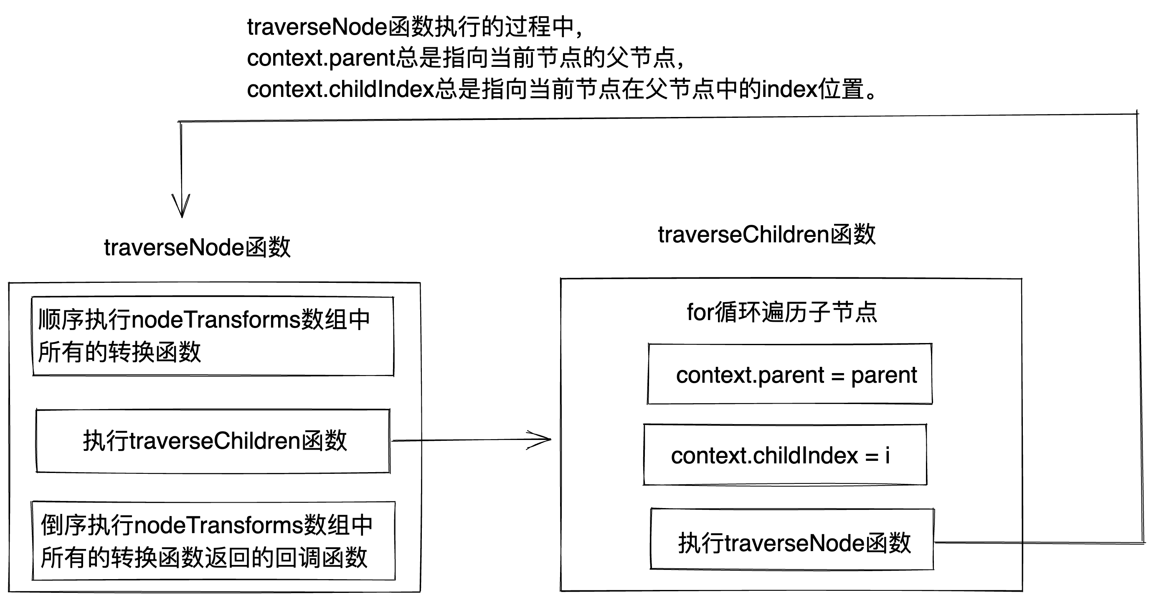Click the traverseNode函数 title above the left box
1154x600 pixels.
pyautogui.click(x=197, y=247)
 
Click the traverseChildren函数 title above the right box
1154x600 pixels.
pyautogui.click(x=766, y=234)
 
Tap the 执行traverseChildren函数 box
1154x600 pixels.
pyautogui.click(x=213, y=441)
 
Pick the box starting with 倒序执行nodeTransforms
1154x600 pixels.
pyautogui.click(x=213, y=541)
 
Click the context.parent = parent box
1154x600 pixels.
pyautogui.click(x=790, y=374)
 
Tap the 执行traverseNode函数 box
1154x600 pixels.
pyautogui.click(x=792, y=539)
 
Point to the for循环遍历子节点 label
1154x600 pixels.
pyautogui.click(x=782, y=312)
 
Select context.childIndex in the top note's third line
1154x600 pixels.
pyautogui.click(x=341, y=89)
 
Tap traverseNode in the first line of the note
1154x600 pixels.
pyautogui.click(x=317, y=27)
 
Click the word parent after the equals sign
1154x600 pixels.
pyautogui.click(x=884, y=376)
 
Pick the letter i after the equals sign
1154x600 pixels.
pyautogui.click(x=888, y=455)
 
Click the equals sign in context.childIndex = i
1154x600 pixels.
pyautogui.click(x=871, y=457)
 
